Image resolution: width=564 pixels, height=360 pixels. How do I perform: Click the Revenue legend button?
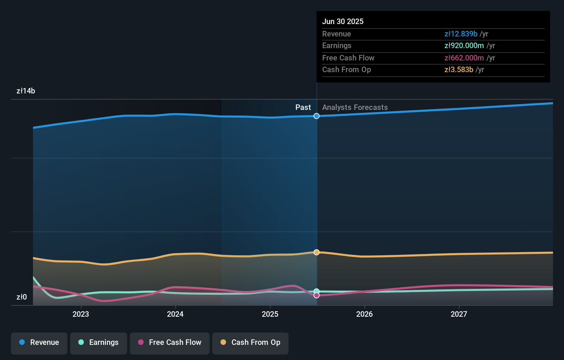pos(39,342)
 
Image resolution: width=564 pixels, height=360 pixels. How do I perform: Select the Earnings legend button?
pos(99,342)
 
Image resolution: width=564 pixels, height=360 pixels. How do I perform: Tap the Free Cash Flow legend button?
pos(170,342)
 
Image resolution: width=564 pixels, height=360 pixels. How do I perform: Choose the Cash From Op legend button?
pos(250,342)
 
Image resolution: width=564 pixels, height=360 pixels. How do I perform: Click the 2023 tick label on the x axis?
pos(81,314)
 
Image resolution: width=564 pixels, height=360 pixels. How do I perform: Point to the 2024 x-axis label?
pos(175,314)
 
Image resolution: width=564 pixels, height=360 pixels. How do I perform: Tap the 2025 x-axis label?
pos(270,314)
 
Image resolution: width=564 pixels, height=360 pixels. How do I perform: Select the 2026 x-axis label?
pos(364,314)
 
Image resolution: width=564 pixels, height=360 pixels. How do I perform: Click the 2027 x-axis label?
pos(459,314)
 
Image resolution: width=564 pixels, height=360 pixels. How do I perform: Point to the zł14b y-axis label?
pos(26,91)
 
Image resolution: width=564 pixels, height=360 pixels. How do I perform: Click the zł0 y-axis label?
pos(22,297)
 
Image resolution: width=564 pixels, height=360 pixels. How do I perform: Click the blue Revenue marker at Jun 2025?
pos(316,116)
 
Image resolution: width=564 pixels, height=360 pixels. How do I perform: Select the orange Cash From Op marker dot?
pos(316,252)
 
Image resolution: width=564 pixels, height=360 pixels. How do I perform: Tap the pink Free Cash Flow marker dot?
pos(316,295)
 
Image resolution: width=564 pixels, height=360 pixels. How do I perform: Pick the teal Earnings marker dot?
pos(316,291)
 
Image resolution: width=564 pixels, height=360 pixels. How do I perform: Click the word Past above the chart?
pos(303,107)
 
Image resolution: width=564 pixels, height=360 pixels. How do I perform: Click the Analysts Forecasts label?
pos(355,107)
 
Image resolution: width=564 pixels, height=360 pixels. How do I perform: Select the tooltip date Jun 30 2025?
pos(343,21)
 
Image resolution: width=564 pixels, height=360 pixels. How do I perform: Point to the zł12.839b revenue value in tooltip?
pos(461,34)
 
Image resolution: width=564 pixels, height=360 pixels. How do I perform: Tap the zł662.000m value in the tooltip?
pos(464,58)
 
